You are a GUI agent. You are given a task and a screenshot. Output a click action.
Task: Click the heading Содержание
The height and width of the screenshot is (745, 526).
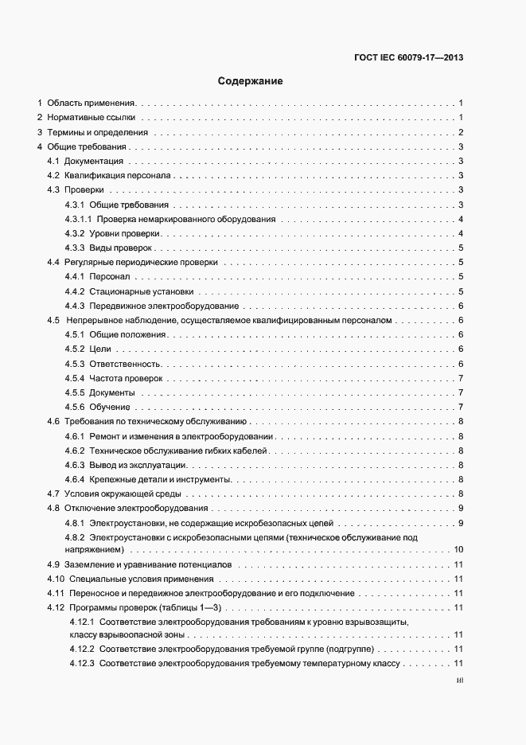[250, 81]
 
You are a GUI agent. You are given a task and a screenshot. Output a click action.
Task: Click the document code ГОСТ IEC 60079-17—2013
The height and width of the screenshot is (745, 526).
[407, 57]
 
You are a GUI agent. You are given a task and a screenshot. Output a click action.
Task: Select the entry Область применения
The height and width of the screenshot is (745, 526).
[92, 103]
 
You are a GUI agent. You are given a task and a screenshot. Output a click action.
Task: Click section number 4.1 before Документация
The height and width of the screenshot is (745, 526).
[53, 162]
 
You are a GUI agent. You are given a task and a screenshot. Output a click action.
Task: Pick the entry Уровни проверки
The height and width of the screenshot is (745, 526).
[126, 233]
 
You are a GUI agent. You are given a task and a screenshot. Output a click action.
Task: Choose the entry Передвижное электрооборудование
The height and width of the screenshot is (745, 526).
[164, 306]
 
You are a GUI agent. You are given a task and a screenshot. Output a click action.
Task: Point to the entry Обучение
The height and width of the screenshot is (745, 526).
[110, 408]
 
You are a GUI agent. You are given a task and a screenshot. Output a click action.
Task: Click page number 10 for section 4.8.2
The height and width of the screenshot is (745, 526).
[458, 549]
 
